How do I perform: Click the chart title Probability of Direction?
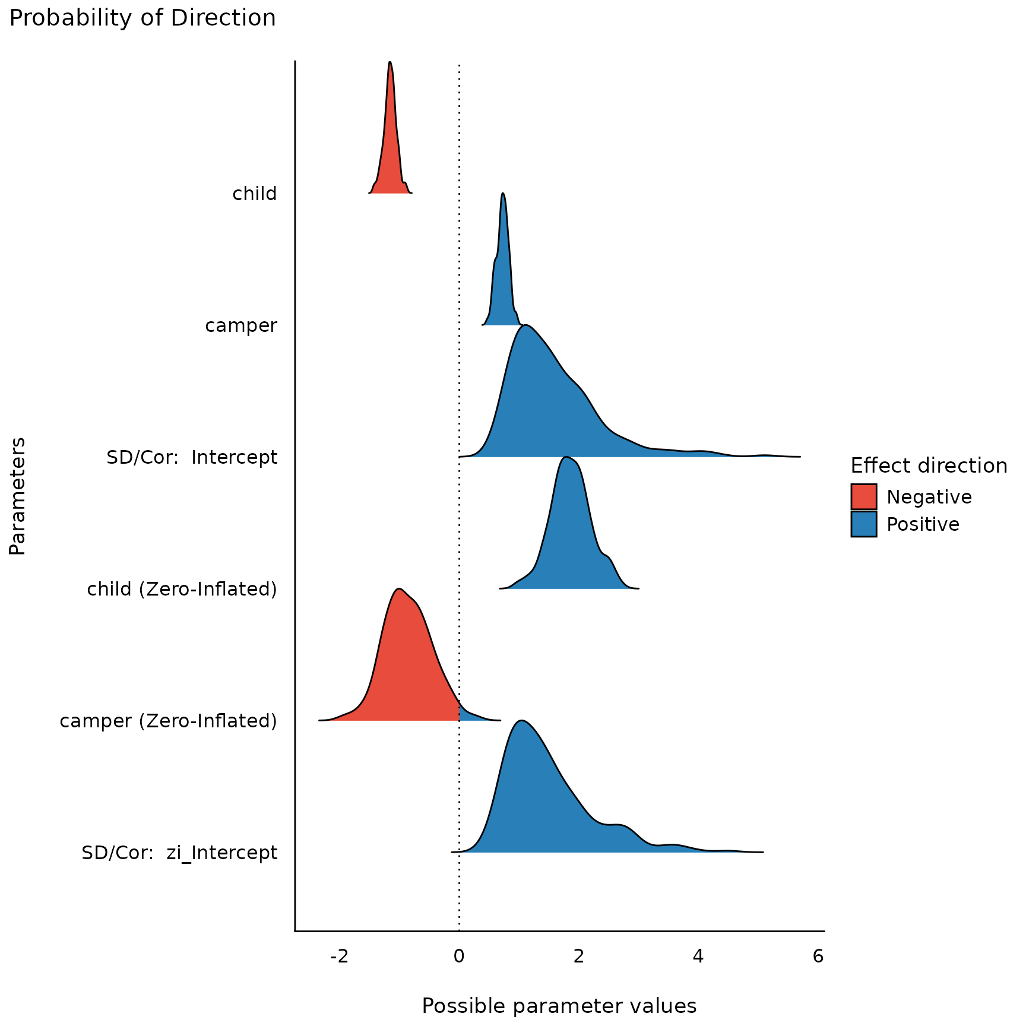pyautogui.click(x=142, y=18)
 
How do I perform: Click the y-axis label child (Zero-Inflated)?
pyautogui.click(x=182, y=590)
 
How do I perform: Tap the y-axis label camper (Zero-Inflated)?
pyautogui.click(x=168, y=721)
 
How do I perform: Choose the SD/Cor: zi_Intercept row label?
pyautogui.click(x=179, y=853)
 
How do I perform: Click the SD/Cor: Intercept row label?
pyautogui.click(x=191, y=458)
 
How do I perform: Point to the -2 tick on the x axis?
pyautogui.click(x=339, y=957)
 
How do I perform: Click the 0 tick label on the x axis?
pyautogui.click(x=459, y=957)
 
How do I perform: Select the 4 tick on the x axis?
pyautogui.click(x=698, y=957)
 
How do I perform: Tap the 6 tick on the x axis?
pyautogui.click(x=818, y=957)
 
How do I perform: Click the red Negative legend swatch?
pyautogui.click(x=863, y=497)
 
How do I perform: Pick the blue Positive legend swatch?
pyautogui.click(x=863, y=524)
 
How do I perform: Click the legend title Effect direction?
pyautogui.click(x=929, y=466)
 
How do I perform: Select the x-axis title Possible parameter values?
pyautogui.click(x=559, y=1006)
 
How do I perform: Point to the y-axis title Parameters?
pyautogui.click(x=18, y=496)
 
